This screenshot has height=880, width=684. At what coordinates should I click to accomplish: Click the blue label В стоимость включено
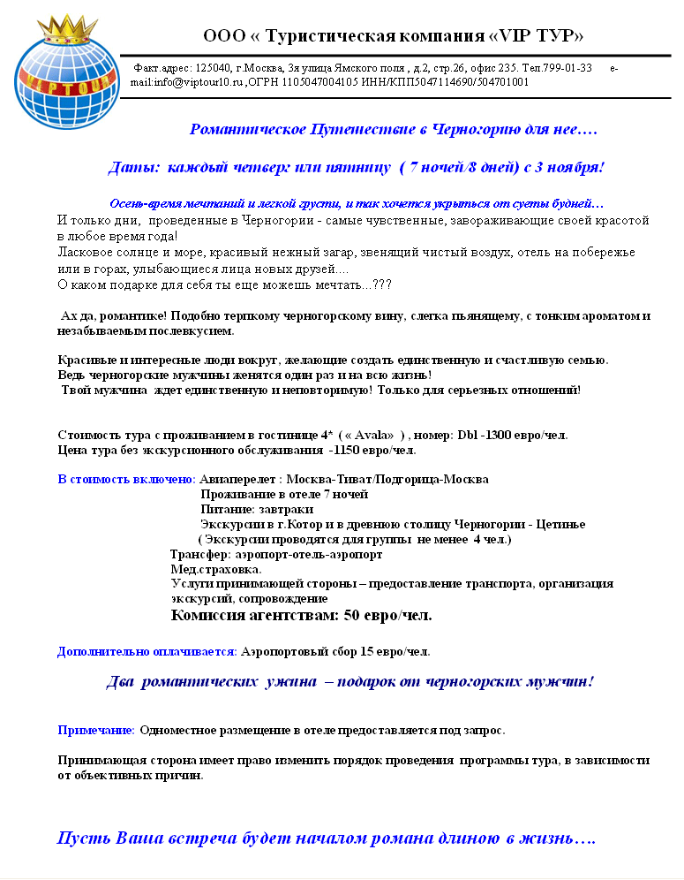[126, 480]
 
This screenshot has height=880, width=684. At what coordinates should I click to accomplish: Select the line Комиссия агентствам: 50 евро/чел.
[301, 615]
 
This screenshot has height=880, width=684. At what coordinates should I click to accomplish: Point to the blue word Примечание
[95, 731]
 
